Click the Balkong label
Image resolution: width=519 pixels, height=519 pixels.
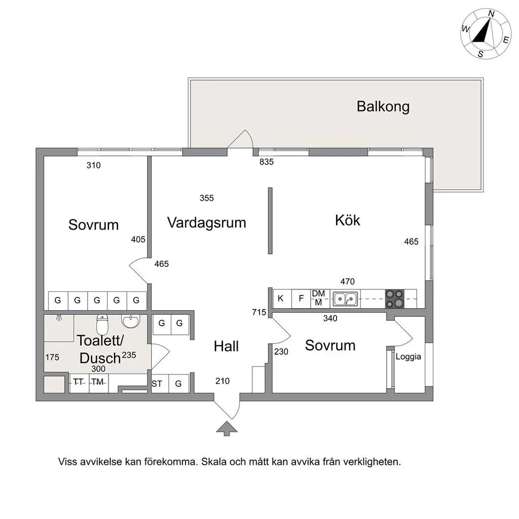click(x=383, y=106)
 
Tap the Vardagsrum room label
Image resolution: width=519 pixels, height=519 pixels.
click(x=206, y=222)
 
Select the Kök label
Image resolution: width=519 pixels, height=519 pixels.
click(x=348, y=220)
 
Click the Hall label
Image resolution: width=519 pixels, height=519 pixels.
click(x=226, y=346)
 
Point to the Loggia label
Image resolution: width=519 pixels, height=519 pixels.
click(x=408, y=356)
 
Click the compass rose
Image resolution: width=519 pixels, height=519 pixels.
click(x=486, y=33)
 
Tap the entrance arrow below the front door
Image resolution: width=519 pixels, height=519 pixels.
click(x=227, y=428)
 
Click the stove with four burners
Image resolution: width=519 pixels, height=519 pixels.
click(x=395, y=299)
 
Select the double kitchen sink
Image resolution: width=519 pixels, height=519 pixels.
click(x=345, y=299)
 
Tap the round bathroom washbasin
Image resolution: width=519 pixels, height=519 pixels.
click(x=131, y=321)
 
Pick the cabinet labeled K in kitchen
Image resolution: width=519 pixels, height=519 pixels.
click(x=282, y=299)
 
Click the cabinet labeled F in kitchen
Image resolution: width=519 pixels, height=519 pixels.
click(x=301, y=299)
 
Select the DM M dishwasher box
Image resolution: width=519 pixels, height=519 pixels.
click(x=318, y=299)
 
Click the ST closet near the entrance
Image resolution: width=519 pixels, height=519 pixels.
click(x=157, y=384)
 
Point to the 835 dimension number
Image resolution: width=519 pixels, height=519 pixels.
click(x=266, y=162)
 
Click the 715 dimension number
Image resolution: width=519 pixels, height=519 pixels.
click(x=259, y=313)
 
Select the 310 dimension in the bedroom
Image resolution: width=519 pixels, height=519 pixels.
click(x=94, y=165)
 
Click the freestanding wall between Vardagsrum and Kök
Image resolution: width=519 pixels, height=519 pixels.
click(x=270, y=220)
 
